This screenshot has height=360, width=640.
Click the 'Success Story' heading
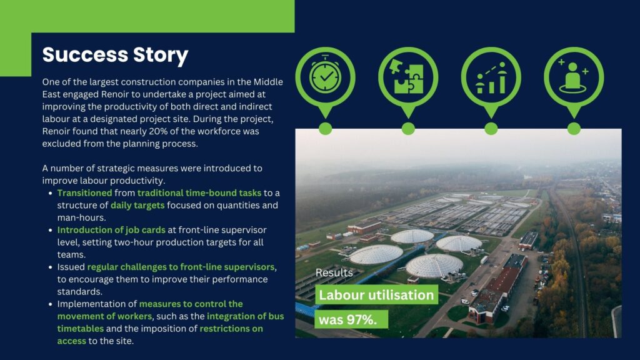[115, 55]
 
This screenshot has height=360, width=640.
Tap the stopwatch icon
[325, 76]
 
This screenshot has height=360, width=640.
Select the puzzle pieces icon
[408, 76]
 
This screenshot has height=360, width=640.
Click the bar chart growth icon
[491, 77]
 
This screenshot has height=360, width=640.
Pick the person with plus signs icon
[574, 76]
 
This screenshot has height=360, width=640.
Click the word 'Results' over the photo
[334, 272]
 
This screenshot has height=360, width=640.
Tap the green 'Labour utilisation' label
[376, 295]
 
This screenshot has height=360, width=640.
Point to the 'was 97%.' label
[351, 319]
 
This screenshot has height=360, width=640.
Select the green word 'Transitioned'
[84, 192]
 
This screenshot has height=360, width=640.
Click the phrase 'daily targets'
[137, 205]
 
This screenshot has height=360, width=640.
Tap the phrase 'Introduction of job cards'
[111, 230]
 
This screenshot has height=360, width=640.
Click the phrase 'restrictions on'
[231, 329]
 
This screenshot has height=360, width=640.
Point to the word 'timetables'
[81, 329]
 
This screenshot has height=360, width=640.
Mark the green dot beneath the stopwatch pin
[325, 129]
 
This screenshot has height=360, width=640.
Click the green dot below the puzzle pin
[408, 129]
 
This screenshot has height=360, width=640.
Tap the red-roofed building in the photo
[496, 287]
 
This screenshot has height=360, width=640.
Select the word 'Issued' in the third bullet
[71, 267]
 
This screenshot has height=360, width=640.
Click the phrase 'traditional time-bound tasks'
[199, 192]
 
